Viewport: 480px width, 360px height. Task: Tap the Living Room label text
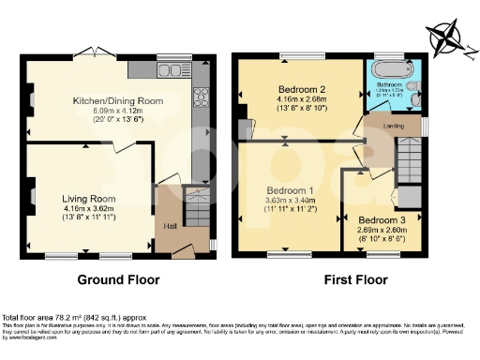click(x=88, y=199)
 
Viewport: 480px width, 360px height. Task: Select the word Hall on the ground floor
click(x=170, y=226)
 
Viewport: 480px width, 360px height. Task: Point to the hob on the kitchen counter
click(x=200, y=97)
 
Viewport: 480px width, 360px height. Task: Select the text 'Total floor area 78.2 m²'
click(x=56, y=317)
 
